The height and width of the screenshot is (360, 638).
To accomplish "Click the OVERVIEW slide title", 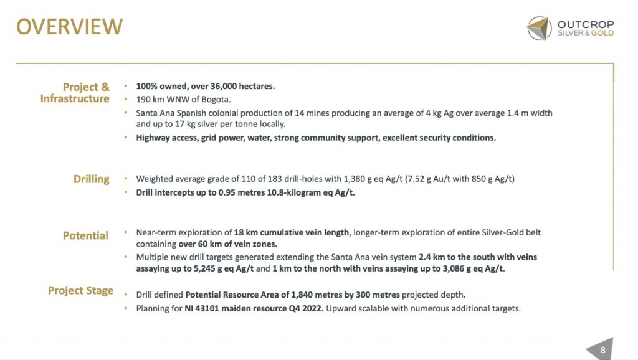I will tap(69, 27).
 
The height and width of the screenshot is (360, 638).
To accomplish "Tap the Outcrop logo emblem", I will tap(539, 29).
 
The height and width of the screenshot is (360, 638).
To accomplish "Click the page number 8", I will tap(602, 350).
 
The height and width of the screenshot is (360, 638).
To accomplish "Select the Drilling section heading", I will tap(91, 179).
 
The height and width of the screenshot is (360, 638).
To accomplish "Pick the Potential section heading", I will tap(85, 235).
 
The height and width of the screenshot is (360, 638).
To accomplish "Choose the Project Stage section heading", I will tap(81, 290).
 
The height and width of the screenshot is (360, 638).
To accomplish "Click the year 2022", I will tap(310, 308).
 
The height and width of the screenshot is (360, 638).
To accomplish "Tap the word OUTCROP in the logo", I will tap(586, 24).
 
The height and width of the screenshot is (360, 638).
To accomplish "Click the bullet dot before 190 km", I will tap(126, 100).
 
